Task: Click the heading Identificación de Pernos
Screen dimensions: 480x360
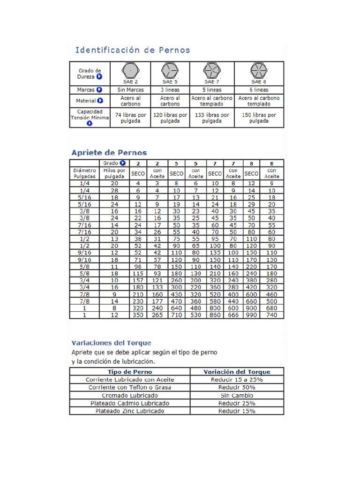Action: tap(133, 50)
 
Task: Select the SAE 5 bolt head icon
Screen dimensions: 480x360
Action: tap(170, 71)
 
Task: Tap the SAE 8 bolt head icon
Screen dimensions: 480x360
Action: tap(259, 71)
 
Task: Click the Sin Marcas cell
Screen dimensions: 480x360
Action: tap(130, 90)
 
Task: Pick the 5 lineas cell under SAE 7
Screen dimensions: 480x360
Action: tap(212, 90)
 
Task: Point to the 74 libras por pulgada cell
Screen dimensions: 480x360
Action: tap(130, 118)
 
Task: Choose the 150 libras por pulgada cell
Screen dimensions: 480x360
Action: tap(259, 118)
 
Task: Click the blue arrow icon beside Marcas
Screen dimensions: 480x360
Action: tap(100, 90)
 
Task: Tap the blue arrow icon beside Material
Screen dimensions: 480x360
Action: tap(100, 101)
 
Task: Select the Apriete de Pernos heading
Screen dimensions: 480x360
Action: tap(109, 153)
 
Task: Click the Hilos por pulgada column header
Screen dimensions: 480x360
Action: tap(114, 173)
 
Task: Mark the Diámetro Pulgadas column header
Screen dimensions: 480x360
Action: tap(84, 173)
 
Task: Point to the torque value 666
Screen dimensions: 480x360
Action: tap(233, 315)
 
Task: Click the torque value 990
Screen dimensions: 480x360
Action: tap(252, 315)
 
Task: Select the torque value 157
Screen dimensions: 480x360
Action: tap(138, 280)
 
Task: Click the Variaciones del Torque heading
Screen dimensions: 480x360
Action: tap(111, 343)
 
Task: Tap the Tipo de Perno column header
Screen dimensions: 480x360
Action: tap(130, 372)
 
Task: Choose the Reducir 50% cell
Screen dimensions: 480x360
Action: tap(237, 388)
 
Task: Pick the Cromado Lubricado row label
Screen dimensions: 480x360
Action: tap(130, 396)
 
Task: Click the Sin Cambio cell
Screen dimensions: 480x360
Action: tap(237, 396)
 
